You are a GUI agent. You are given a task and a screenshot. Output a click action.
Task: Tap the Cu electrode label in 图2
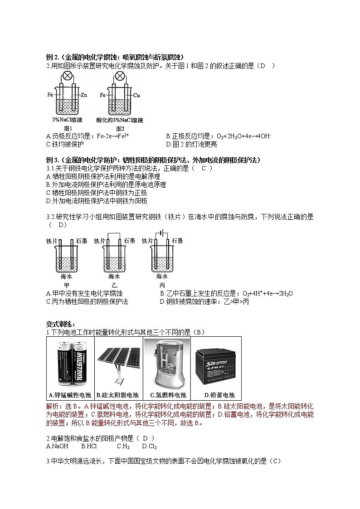[136, 95]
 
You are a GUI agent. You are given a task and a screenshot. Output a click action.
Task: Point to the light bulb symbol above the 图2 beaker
[120, 76]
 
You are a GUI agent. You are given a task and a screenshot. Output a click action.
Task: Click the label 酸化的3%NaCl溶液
[120, 120]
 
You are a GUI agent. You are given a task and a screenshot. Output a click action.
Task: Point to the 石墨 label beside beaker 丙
[177, 241]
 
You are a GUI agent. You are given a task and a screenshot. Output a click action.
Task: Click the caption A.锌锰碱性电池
[70, 394]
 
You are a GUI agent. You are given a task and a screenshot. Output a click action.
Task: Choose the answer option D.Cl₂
[149, 446]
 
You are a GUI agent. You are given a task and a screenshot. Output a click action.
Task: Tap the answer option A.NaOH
[57, 446]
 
